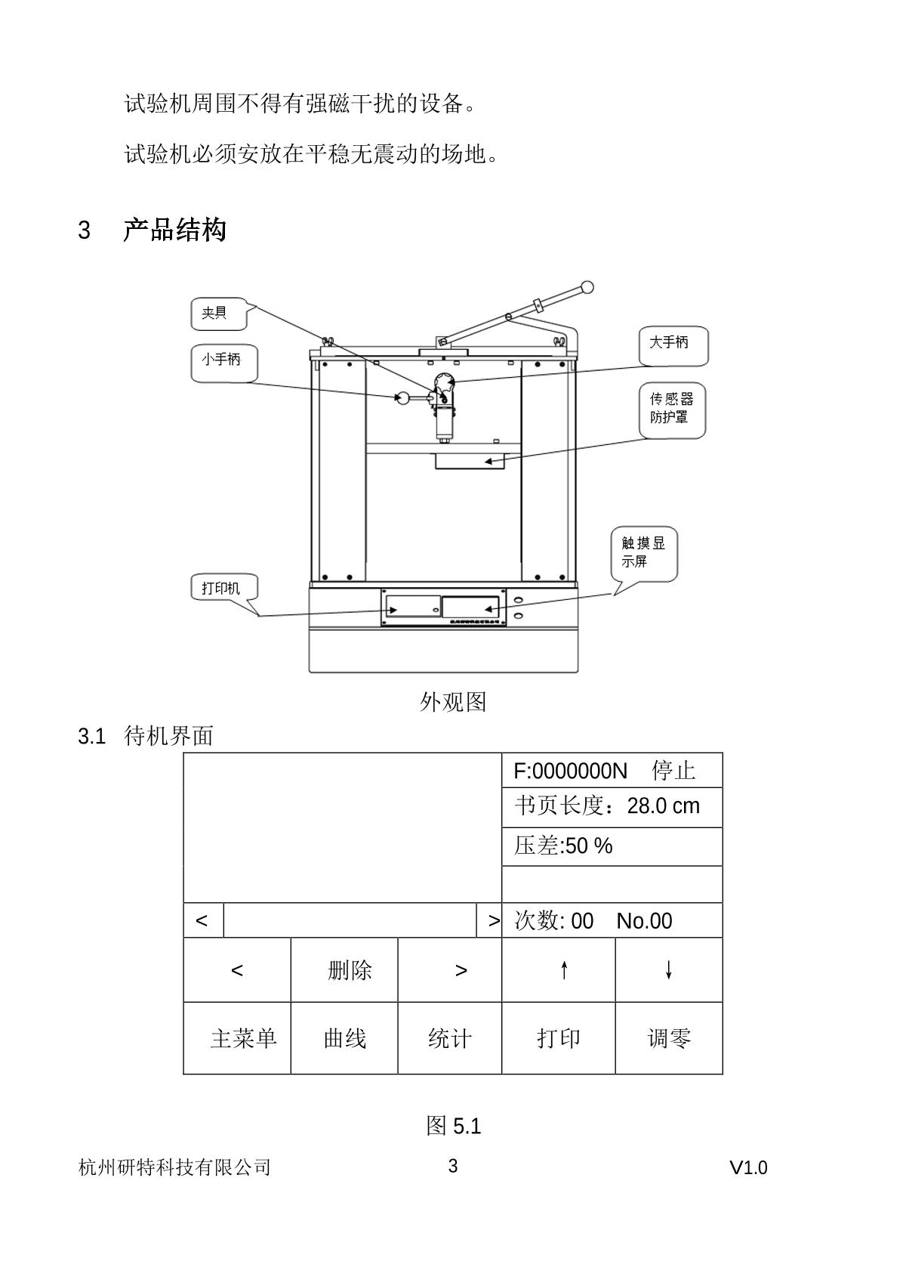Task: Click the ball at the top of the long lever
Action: [x=587, y=287]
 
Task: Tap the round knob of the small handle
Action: [x=402, y=397]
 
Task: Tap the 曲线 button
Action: [x=344, y=1038]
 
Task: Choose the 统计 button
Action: [x=450, y=1038]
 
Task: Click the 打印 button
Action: [x=559, y=1038]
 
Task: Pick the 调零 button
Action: [x=669, y=1038]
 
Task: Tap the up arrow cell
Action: [x=559, y=970]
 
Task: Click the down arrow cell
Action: [x=669, y=970]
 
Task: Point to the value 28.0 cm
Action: [x=663, y=806]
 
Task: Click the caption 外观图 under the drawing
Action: [x=453, y=702]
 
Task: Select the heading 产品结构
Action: [x=174, y=230]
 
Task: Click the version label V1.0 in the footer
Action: [x=748, y=1168]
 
